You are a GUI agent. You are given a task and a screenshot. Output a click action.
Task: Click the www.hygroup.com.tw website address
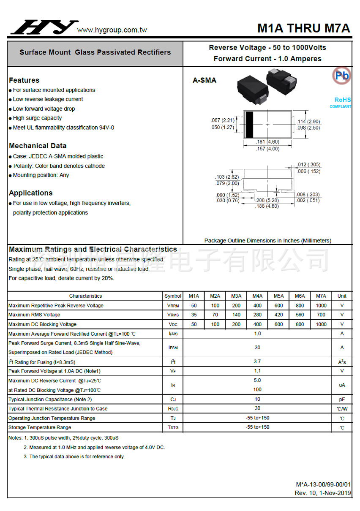pyautogui.click(x=112, y=30)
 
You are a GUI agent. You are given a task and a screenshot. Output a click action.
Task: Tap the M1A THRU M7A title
pyautogui.click(x=303, y=28)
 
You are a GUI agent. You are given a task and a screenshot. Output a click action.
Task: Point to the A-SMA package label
pyautogui.click(x=204, y=80)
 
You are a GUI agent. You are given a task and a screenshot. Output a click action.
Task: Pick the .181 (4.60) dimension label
pyautogui.click(x=267, y=142)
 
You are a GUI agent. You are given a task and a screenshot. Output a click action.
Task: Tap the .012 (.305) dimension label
pyautogui.click(x=308, y=165)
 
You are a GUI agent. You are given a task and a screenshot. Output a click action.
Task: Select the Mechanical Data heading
pyautogui.click(x=38, y=146)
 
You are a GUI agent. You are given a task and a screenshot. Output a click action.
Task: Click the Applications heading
pyautogui.click(x=31, y=193)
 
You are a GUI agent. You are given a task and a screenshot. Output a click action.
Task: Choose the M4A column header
pyautogui.click(x=257, y=296)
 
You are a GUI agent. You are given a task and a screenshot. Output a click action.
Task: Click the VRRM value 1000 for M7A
pyautogui.click(x=321, y=305)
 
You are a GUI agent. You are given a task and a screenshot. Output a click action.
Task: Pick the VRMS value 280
pyautogui.click(x=257, y=315)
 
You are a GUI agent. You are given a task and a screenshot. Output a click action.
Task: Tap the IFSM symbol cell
pyautogui.click(x=173, y=348)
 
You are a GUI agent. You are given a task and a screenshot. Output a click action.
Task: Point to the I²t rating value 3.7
pyautogui.click(x=257, y=362)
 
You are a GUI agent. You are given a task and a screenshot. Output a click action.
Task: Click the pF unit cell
pyautogui.click(x=342, y=399)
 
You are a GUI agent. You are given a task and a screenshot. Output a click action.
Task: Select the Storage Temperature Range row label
pyautogui.click(x=40, y=427)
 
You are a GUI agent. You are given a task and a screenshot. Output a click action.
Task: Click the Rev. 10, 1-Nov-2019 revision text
pyautogui.click(x=322, y=493)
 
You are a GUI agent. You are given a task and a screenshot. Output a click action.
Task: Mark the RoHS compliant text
pyautogui.click(x=342, y=100)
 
